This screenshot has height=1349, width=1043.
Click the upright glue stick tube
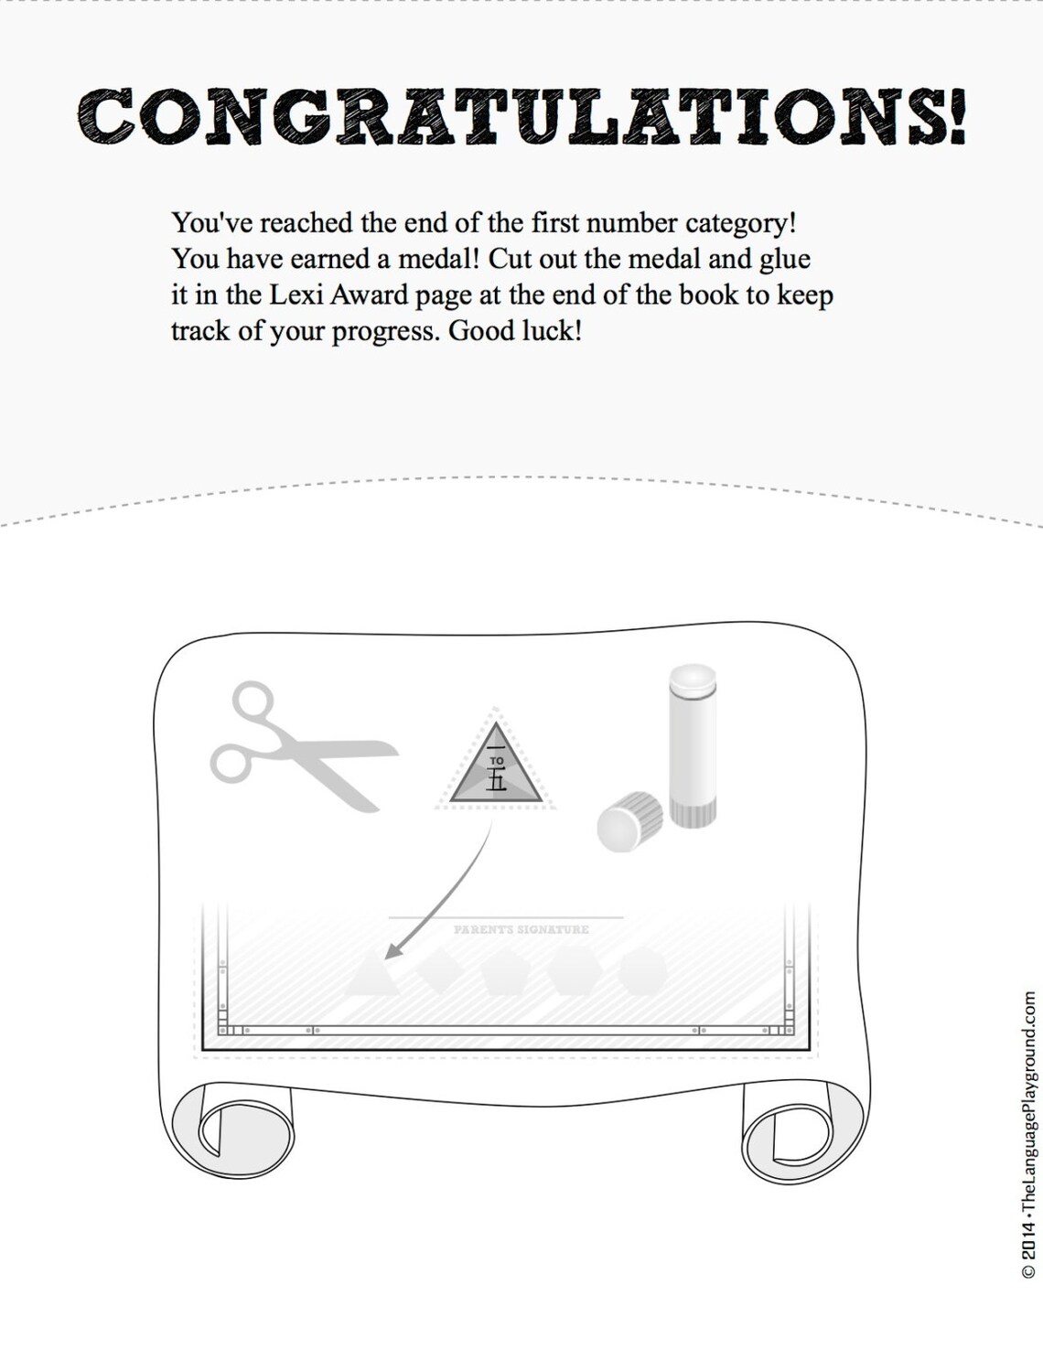693,745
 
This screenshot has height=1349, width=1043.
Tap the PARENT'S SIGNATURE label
521,929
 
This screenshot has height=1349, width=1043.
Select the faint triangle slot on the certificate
371,975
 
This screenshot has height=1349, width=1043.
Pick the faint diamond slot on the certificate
439,969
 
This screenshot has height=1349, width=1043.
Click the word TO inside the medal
497,760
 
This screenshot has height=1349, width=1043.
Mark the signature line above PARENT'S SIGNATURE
505,916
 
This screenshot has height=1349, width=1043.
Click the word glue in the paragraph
785,260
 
